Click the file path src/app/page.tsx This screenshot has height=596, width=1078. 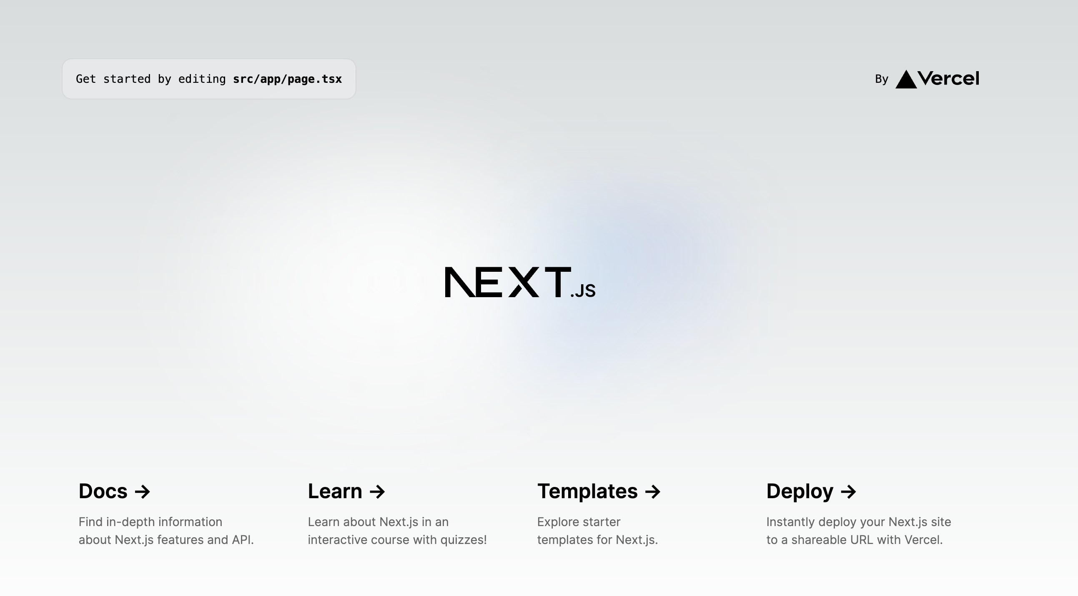(288, 79)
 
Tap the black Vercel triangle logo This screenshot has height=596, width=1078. (906, 80)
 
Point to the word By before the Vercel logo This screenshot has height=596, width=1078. (881, 79)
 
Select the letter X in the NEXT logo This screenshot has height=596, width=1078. (524, 282)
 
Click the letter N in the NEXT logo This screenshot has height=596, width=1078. (460, 282)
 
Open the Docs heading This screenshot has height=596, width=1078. (103, 491)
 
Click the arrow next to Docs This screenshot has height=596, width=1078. (142, 492)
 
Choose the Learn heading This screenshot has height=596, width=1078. (335, 491)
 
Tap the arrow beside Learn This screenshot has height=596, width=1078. (377, 492)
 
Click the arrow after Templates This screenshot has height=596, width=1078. (653, 492)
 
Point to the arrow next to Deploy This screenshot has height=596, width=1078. (848, 492)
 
